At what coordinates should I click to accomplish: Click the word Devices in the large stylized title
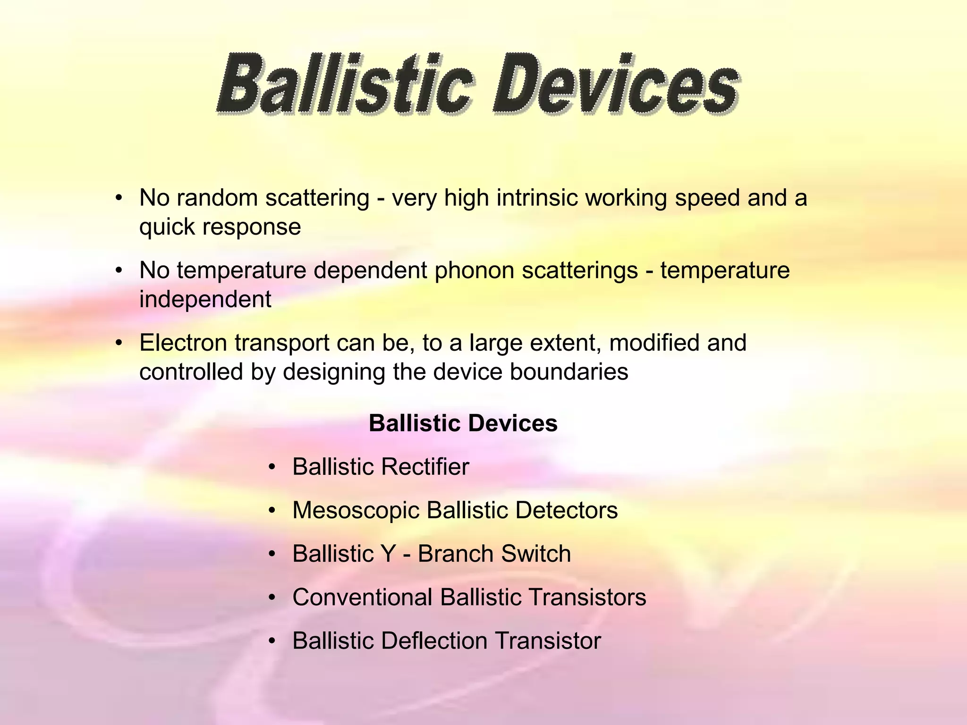tap(616, 85)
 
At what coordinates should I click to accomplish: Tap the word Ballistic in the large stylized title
tap(345, 85)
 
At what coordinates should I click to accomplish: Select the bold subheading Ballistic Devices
tap(463, 423)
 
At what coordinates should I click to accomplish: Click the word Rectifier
tap(425, 467)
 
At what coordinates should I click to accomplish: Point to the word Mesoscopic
tap(356, 510)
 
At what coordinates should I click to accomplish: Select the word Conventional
tap(362, 597)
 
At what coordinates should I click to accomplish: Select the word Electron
tap(183, 343)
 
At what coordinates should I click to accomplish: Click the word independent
tap(205, 299)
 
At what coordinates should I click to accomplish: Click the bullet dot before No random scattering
tap(119, 198)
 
